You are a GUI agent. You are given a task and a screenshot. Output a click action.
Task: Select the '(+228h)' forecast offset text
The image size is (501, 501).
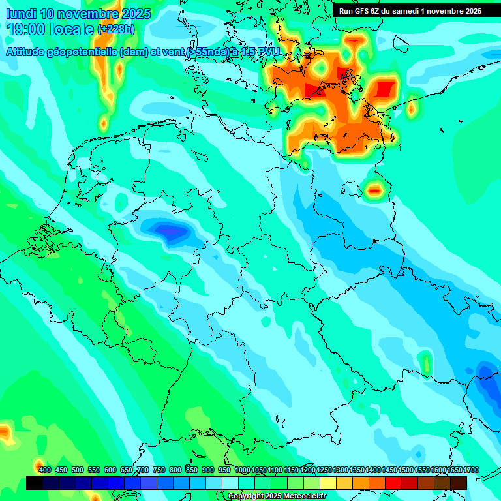tap(115, 29)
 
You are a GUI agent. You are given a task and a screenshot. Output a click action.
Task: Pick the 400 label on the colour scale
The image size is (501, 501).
tap(45, 470)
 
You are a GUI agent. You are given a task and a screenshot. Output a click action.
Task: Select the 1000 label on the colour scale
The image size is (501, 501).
tap(242, 470)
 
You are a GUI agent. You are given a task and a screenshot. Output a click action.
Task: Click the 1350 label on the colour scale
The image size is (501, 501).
tap(357, 470)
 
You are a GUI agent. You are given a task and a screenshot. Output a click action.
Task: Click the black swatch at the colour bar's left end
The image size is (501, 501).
tap(35, 483)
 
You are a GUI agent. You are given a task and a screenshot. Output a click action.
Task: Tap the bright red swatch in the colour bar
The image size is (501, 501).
tap(393, 483)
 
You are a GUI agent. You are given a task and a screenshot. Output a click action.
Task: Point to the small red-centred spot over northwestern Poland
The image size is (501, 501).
tap(374, 190)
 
